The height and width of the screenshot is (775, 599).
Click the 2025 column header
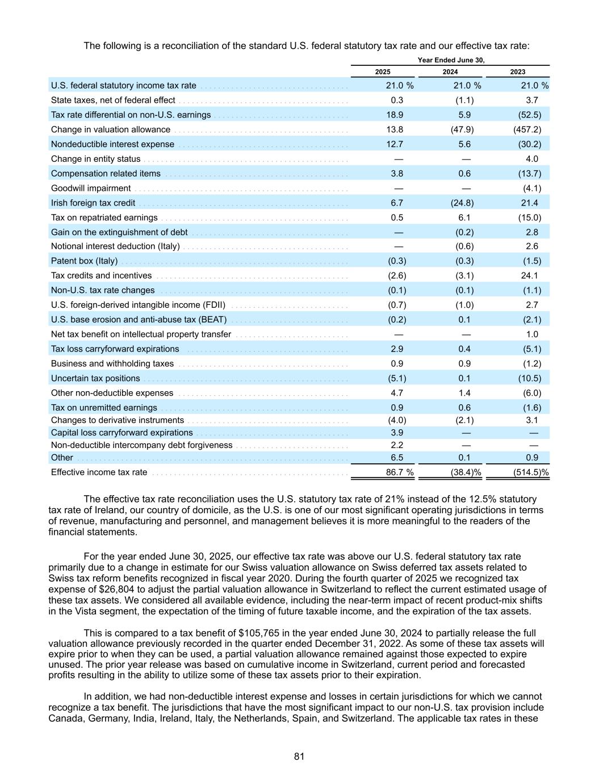click(383, 72)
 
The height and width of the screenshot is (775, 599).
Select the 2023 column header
click(517, 72)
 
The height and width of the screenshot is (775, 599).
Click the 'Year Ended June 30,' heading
click(451, 60)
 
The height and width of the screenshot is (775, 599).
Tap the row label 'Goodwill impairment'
click(91, 188)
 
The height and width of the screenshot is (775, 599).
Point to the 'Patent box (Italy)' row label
click(85, 261)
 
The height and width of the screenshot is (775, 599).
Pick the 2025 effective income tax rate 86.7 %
click(396, 472)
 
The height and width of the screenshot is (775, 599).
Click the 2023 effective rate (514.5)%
click(530, 472)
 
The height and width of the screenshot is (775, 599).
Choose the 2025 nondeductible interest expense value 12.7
click(393, 144)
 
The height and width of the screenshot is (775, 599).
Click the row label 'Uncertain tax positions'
click(95, 379)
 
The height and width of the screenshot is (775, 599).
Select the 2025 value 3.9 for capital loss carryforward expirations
click(397, 433)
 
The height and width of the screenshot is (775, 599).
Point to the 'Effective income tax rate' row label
click(99, 472)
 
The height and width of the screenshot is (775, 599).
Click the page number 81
click(299, 756)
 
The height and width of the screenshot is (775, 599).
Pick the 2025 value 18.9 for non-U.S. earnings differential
click(393, 115)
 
